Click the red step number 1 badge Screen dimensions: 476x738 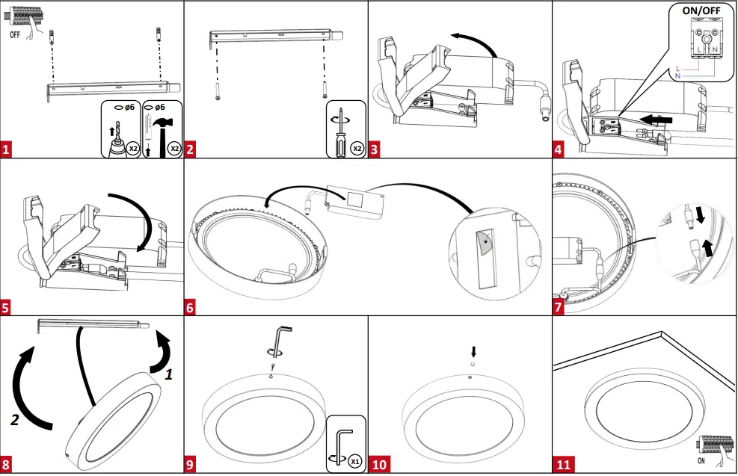click(x=7, y=149)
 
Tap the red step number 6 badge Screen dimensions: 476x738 click(x=191, y=307)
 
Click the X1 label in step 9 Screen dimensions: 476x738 click(x=355, y=461)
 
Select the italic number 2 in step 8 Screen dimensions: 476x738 click(x=14, y=420)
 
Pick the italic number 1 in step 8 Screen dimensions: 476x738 click(x=169, y=375)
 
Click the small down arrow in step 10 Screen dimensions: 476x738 click(x=473, y=350)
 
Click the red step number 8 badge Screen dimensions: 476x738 click(x=7, y=465)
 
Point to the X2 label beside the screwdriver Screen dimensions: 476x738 click(x=357, y=148)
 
